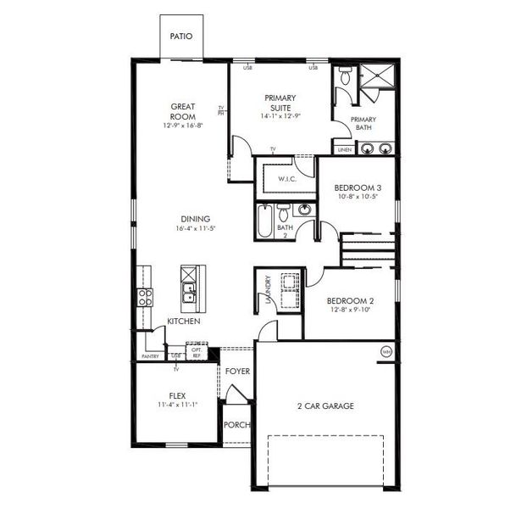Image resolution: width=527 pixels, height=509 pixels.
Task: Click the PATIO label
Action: [x=180, y=36]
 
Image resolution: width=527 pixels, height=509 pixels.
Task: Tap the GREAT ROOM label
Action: [x=182, y=111]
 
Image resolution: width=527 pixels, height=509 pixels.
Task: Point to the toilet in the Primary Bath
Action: [x=343, y=78]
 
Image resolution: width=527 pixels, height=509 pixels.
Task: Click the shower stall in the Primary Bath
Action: [x=376, y=77]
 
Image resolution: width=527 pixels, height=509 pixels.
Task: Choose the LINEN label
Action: [x=344, y=150]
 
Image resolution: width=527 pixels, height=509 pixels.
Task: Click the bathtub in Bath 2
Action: [x=263, y=221]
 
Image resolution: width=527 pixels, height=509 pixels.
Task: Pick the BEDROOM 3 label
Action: [x=357, y=187]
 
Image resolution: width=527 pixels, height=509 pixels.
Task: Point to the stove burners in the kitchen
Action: [x=145, y=297]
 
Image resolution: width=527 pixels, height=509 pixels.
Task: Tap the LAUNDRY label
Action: [x=269, y=289]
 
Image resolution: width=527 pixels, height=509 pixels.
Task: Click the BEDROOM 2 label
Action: [x=351, y=301]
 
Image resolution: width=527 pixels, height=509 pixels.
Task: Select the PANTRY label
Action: [x=150, y=356]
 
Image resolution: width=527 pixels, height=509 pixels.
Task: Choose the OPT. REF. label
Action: [x=197, y=351]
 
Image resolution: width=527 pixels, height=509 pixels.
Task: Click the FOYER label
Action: [x=238, y=372]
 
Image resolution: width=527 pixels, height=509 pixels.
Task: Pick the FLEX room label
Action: [x=177, y=395]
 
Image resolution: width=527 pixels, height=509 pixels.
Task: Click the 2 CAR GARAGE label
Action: [x=326, y=406]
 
